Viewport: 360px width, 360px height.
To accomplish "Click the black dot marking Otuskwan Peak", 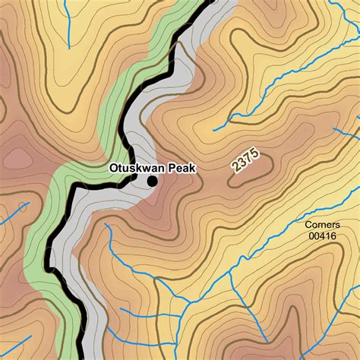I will pyautogui.click(x=152, y=181).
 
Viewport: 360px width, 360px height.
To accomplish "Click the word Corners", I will pyautogui.click(x=322, y=225).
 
